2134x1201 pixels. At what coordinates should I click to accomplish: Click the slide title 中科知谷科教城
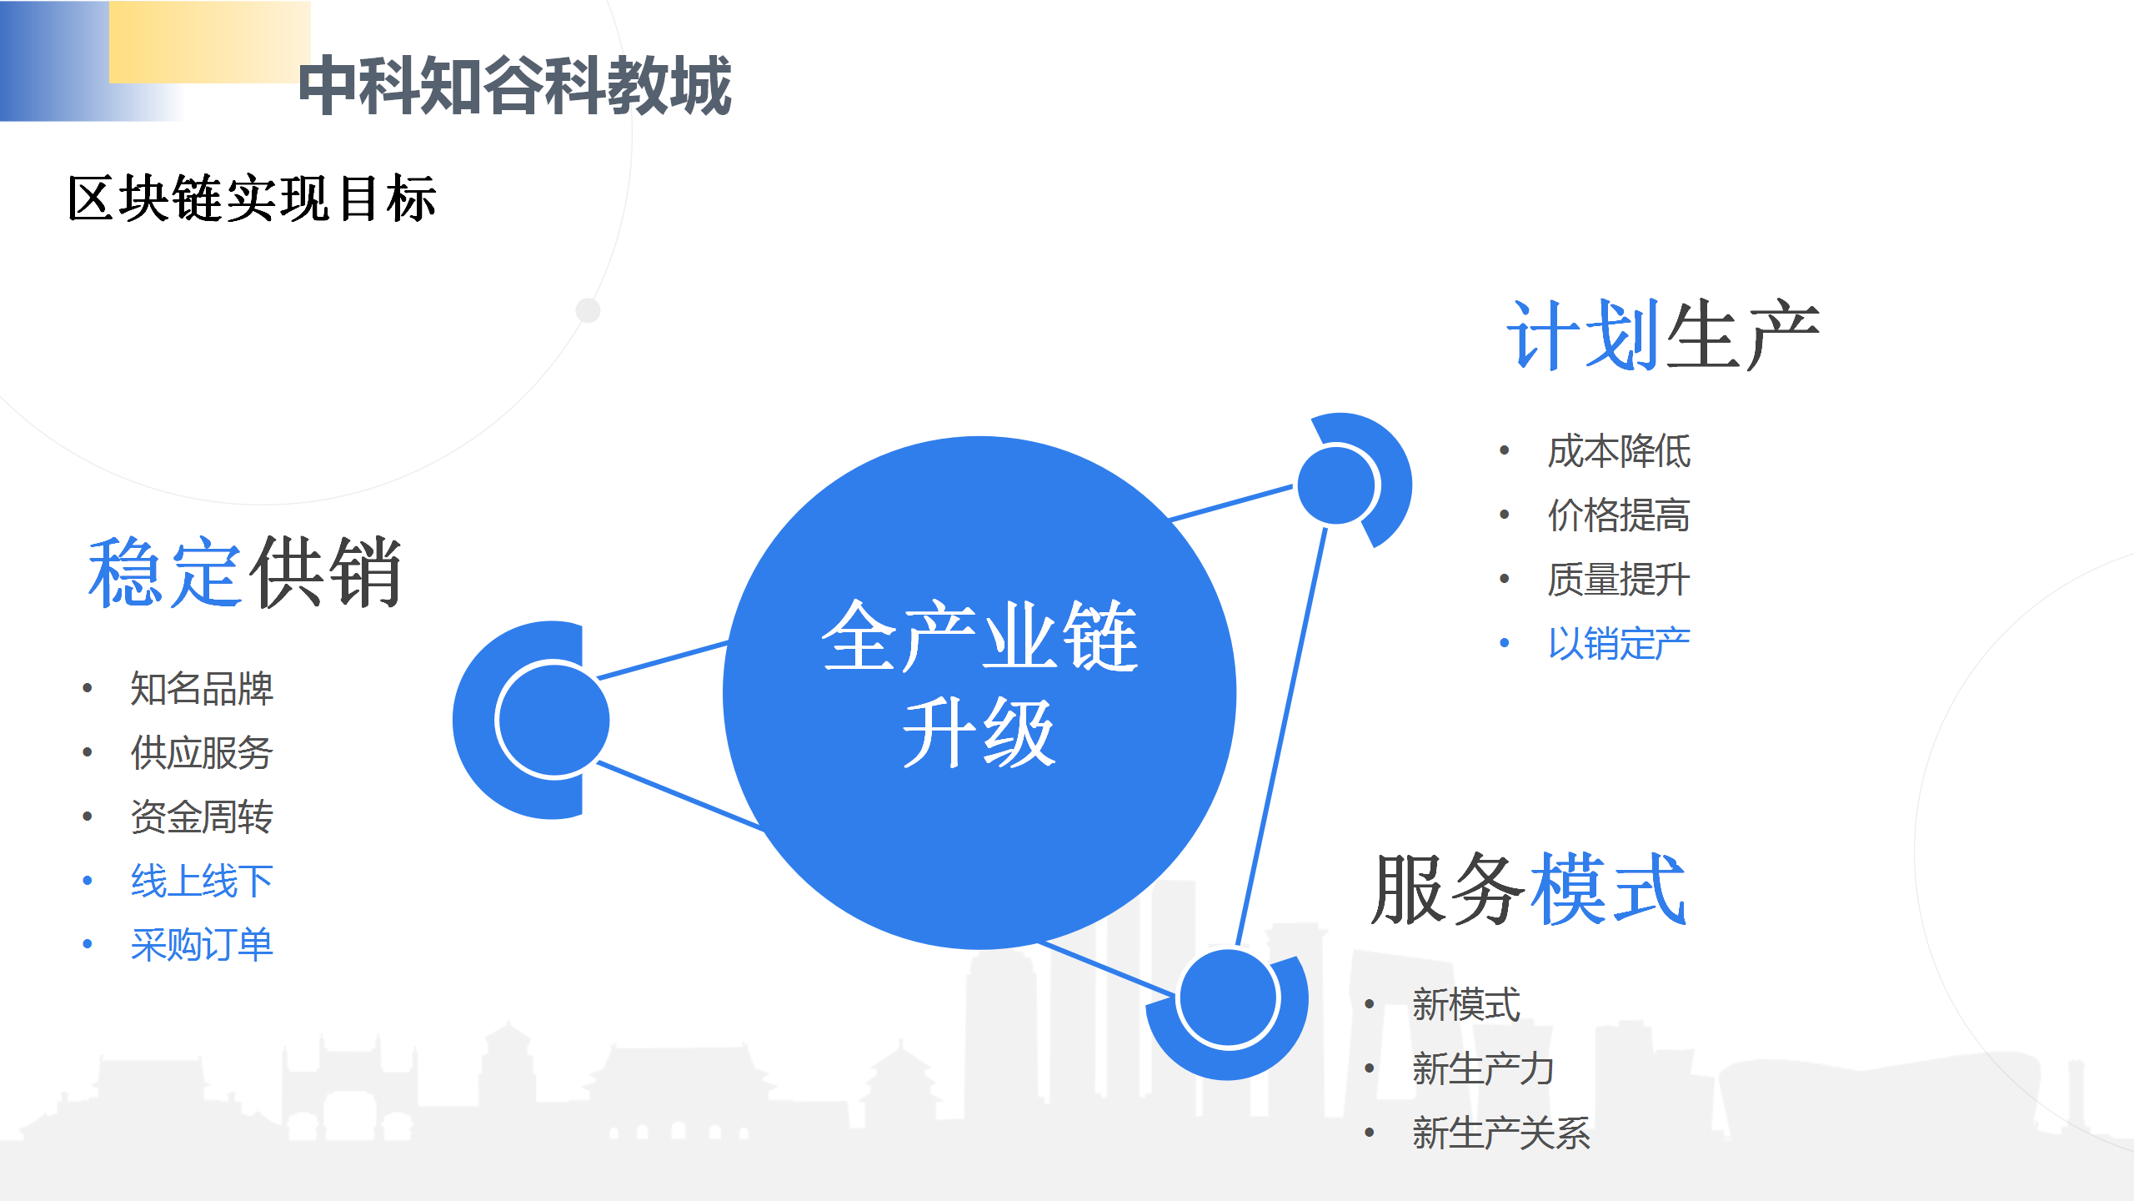(x=514, y=85)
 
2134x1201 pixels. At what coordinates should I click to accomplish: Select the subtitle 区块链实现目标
(x=252, y=198)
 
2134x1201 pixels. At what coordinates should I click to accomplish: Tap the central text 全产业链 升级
(x=979, y=683)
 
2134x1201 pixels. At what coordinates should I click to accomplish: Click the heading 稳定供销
(x=245, y=572)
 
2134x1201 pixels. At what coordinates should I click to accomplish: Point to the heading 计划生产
(x=1663, y=334)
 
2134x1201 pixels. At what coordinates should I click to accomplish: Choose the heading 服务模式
(x=1529, y=889)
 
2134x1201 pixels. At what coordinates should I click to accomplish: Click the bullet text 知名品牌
(x=202, y=689)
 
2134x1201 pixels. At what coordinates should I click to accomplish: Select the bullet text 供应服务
(x=202, y=753)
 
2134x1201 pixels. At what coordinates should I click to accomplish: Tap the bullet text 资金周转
(x=202, y=817)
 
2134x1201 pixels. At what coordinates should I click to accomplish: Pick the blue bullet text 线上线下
(x=202, y=882)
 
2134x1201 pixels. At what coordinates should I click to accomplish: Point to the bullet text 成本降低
(x=1619, y=452)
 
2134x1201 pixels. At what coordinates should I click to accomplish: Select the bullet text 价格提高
(x=1619, y=515)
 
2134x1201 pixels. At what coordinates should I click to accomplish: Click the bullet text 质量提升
(x=1619, y=580)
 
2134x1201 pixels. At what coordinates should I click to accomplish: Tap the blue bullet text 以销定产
(x=1619, y=644)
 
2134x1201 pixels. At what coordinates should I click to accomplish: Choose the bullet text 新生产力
(x=1483, y=1069)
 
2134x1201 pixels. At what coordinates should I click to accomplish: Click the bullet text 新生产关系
(x=1501, y=1133)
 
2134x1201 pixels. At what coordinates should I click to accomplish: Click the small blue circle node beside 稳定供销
(x=553, y=719)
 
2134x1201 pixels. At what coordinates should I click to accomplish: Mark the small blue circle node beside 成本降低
(x=1336, y=485)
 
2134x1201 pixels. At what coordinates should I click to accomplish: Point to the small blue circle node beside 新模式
(x=1229, y=997)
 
